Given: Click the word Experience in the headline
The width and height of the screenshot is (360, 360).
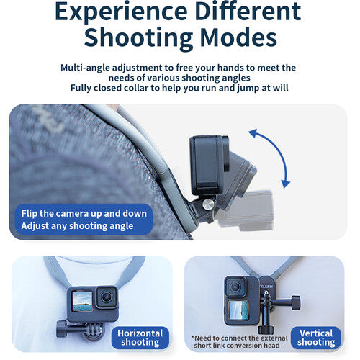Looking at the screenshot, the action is [x=121, y=12].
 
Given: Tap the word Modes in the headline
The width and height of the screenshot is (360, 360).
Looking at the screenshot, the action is [x=238, y=37].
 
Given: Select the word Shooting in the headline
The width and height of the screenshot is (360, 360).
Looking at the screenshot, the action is [x=138, y=39].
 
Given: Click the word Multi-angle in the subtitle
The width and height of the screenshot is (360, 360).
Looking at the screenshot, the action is [x=85, y=68].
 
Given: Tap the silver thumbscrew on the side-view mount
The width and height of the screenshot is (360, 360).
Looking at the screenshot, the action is [x=208, y=204].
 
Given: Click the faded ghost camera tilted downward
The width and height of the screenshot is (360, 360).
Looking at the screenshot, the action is [x=246, y=210].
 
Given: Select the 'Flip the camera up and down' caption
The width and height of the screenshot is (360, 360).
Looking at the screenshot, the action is [x=84, y=213].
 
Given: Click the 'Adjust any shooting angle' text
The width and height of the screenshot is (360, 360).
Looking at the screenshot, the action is [x=77, y=226].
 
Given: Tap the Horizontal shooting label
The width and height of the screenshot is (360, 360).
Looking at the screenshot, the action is [x=140, y=338].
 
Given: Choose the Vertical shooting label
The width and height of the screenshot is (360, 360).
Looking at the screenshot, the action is [x=316, y=338].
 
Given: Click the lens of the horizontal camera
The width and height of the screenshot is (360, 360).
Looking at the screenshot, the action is [x=106, y=297].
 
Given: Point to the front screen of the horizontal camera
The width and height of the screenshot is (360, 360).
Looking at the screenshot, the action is [x=82, y=302].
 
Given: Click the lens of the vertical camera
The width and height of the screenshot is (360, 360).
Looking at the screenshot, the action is [x=235, y=287].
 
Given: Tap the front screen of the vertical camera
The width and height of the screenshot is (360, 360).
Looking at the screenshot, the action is [x=238, y=310].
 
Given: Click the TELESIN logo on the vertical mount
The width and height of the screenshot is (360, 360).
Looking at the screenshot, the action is [x=267, y=287].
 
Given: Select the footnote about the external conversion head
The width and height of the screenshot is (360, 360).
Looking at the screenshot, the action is [x=240, y=342].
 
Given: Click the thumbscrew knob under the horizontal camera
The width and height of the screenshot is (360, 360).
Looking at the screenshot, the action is [x=61, y=329].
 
